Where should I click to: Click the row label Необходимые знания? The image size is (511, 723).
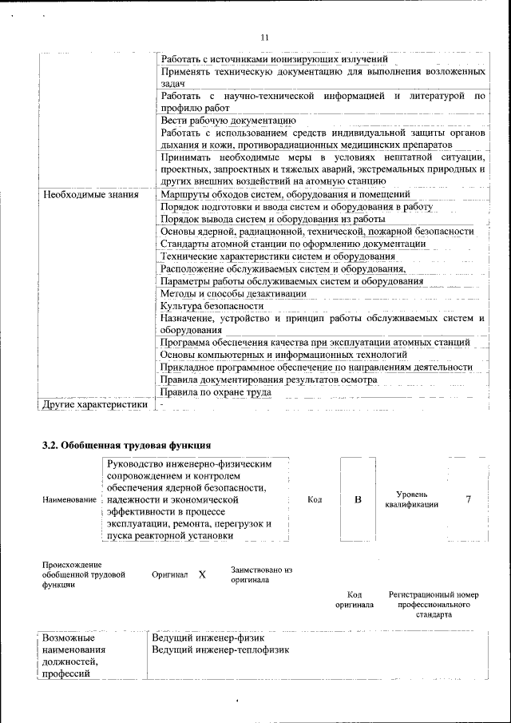click(90, 194)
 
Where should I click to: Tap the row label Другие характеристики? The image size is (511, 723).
click(95, 404)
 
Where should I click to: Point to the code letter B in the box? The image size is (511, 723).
click(358, 499)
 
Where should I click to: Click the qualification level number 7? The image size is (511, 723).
click(468, 499)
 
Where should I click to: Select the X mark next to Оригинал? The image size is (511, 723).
click(202, 574)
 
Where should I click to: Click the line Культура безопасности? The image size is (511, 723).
click(212, 306)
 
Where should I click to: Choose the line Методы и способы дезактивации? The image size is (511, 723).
click(232, 293)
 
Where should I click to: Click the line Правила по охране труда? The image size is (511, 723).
click(216, 392)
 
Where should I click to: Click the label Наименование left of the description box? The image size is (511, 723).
click(69, 499)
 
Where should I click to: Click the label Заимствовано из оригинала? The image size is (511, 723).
click(262, 574)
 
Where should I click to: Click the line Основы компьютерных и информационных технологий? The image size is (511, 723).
click(278, 355)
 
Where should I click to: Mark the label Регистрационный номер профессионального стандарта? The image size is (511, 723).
click(434, 605)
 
